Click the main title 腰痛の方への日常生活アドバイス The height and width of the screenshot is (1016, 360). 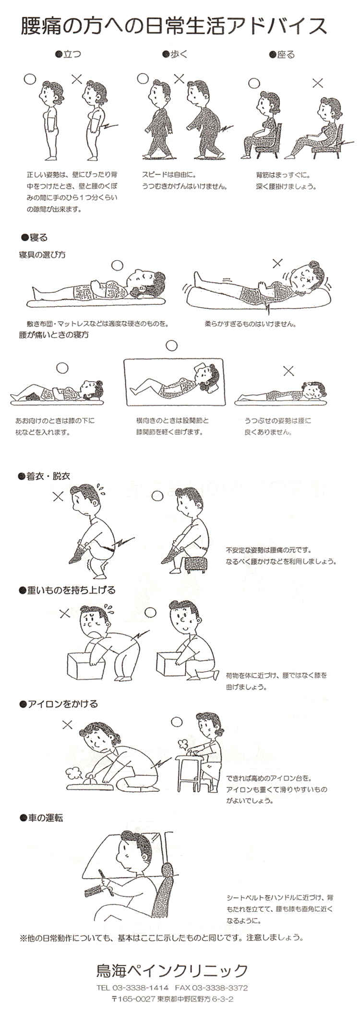coord(173,26)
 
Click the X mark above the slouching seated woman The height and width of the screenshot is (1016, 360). coord(317,83)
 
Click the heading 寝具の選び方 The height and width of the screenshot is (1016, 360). coord(42,254)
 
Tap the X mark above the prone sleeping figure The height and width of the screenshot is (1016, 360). coord(288,370)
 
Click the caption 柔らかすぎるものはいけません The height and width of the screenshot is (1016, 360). coord(250,324)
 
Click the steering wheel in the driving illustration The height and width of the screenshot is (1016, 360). coord(103,883)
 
